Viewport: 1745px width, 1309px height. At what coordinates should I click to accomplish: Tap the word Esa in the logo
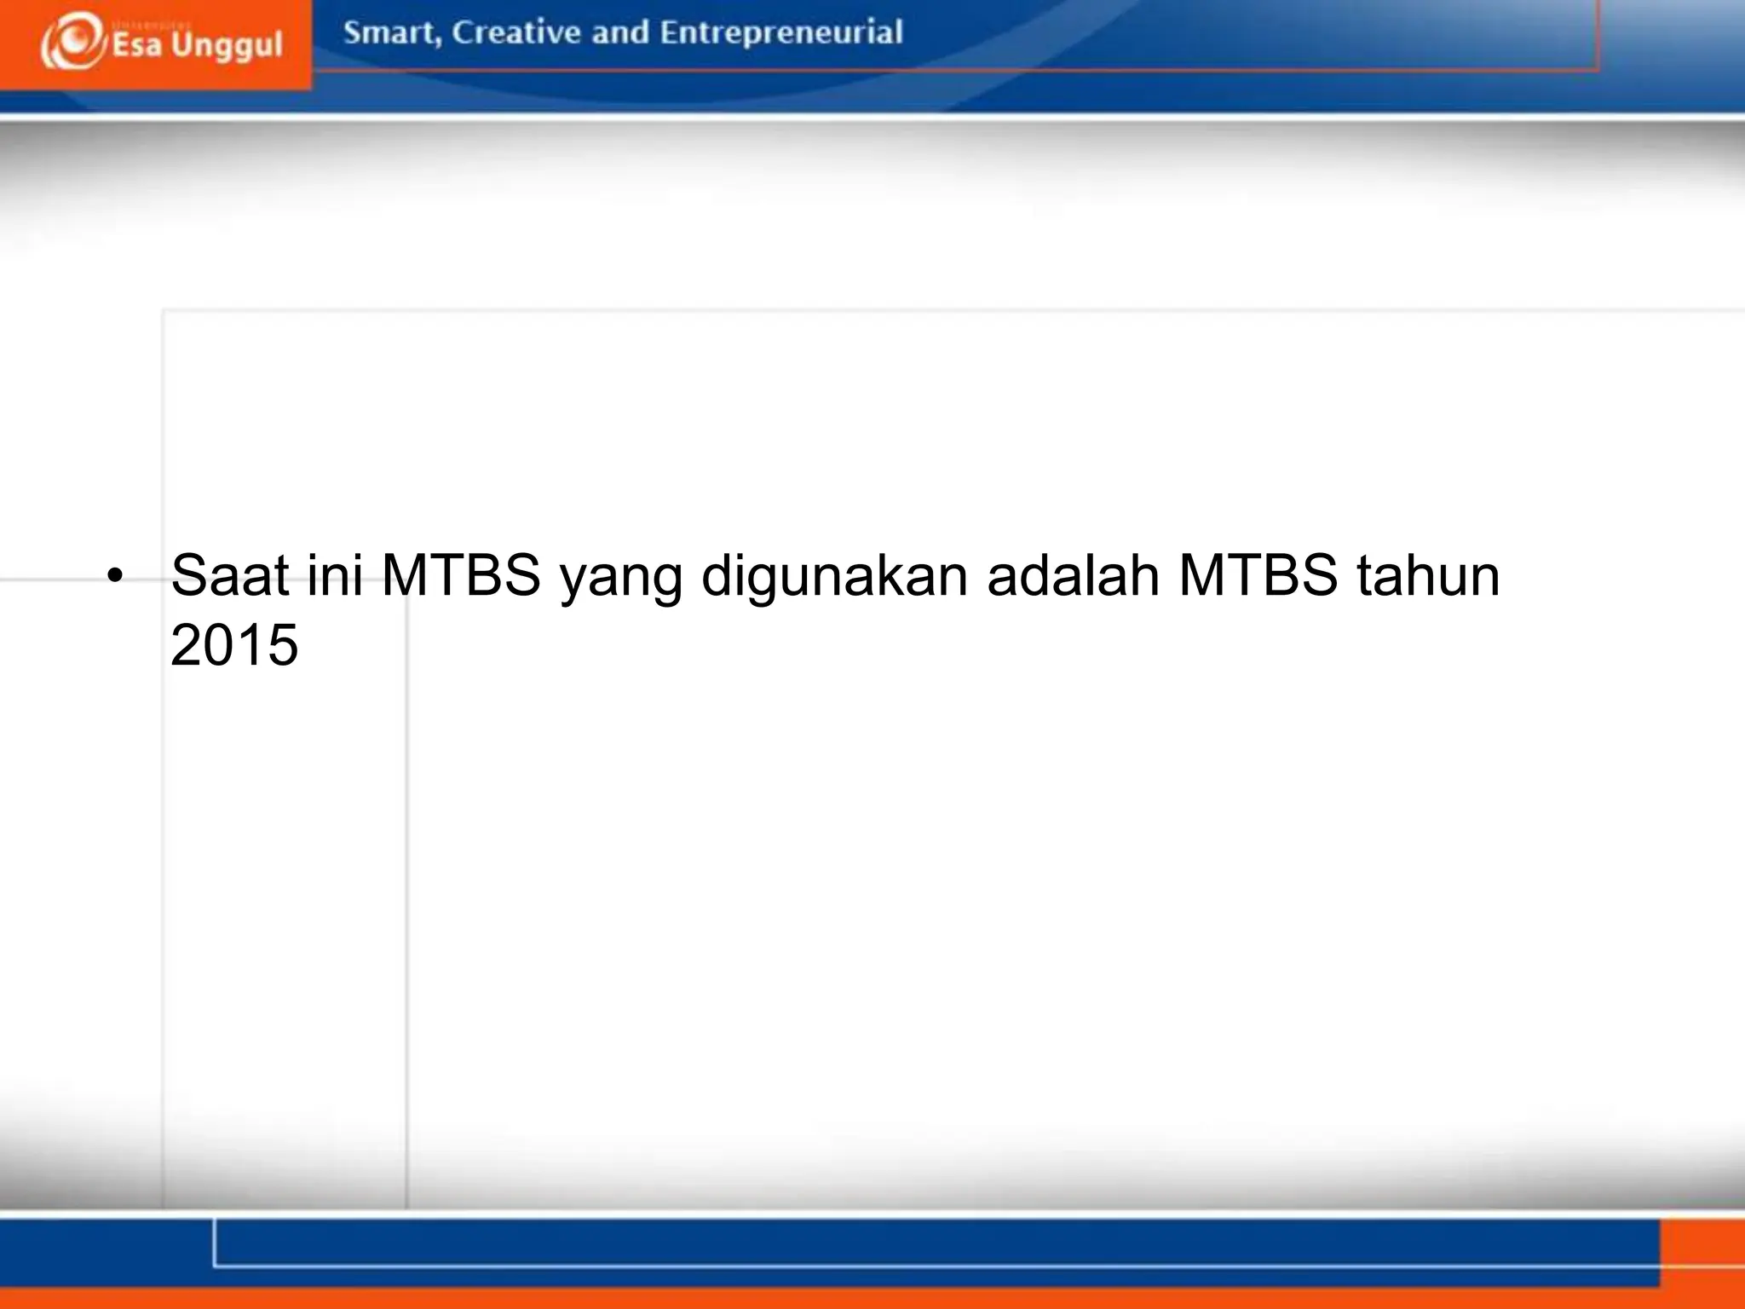tap(136, 44)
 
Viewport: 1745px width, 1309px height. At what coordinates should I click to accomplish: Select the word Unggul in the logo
tap(227, 46)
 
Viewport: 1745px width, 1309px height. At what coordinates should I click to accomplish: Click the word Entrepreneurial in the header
tap(780, 32)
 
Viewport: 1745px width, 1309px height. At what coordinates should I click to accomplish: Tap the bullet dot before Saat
tap(115, 576)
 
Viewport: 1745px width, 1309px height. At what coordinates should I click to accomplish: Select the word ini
tap(335, 574)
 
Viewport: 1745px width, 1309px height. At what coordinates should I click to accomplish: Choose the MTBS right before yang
tap(461, 574)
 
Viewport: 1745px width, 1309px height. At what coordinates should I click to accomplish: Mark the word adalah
tap(1073, 574)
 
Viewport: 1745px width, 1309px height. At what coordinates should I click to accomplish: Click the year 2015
tap(234, 644)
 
